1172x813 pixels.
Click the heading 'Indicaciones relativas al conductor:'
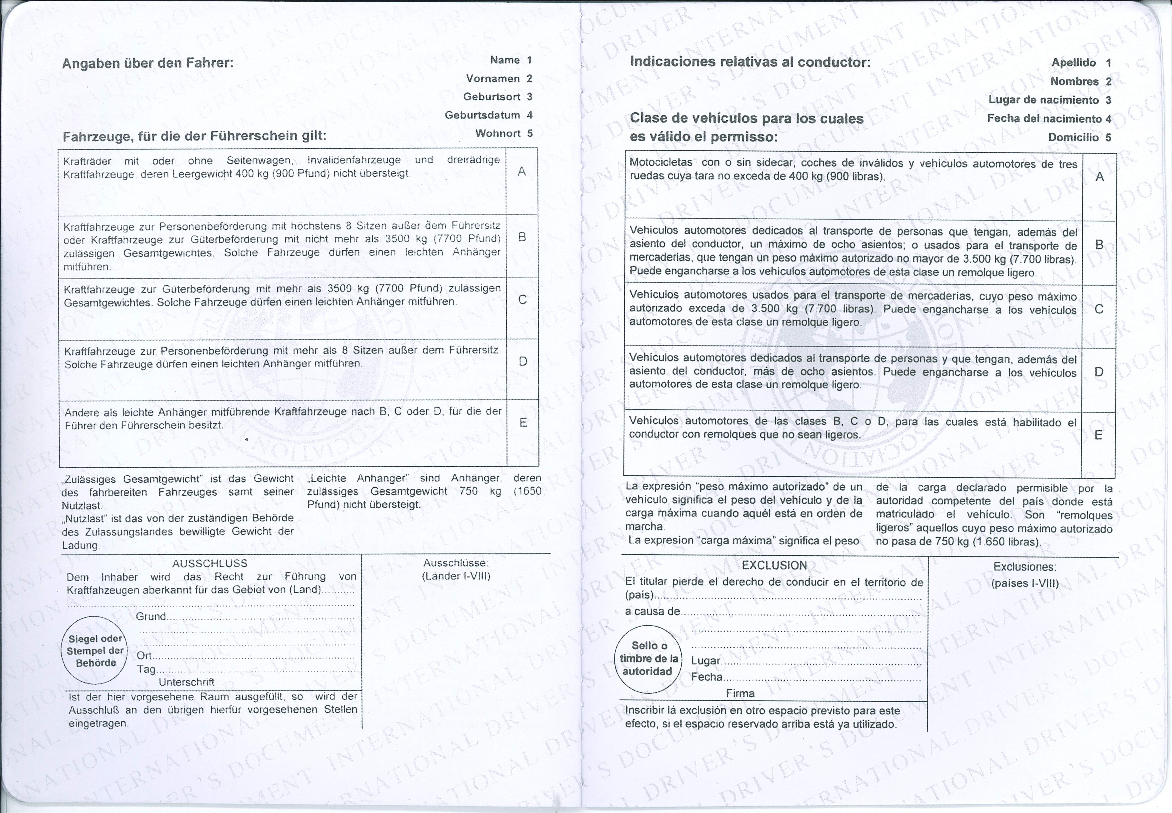coord(750,62)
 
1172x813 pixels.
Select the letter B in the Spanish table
coord(1099,245)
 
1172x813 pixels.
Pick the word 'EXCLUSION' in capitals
coord(774,565)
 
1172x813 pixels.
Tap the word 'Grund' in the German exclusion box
coord(151,616)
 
